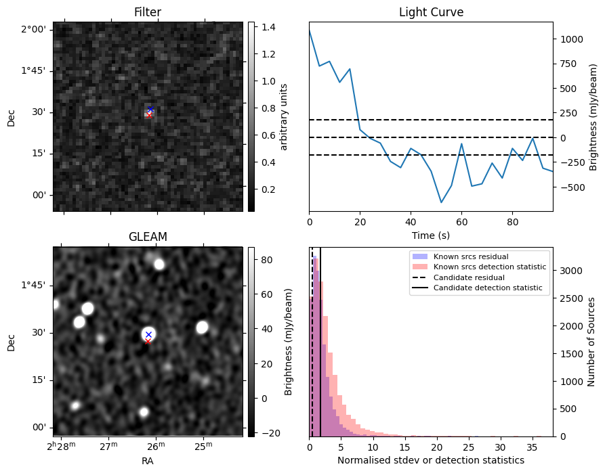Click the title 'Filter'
(148, 12)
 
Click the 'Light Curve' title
(431, 12)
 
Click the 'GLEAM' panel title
(148, 237)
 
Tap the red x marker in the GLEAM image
(148, 342)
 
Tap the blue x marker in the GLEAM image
(148, 334)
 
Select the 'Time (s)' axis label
(431, 235)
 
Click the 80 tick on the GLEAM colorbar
(264, 260)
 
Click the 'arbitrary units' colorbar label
(285, 116)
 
